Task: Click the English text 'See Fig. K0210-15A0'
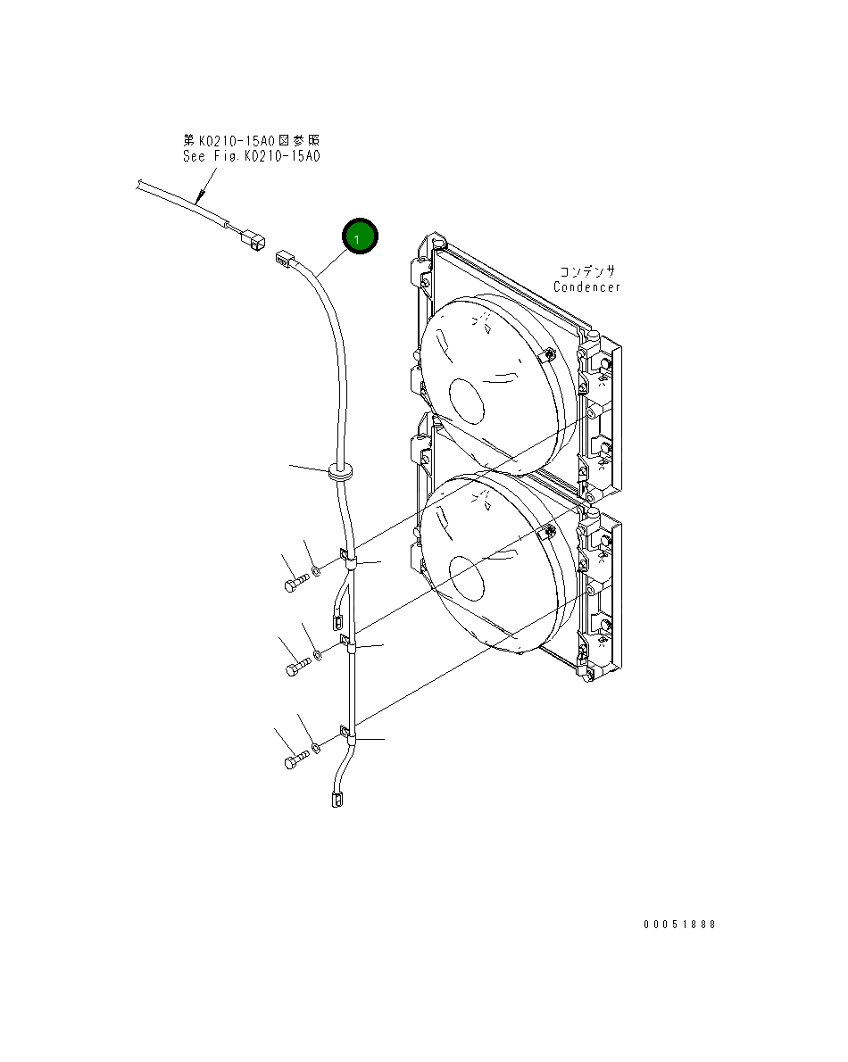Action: [251, 156]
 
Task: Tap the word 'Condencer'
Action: [586, 286]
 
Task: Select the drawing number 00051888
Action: [679, 925]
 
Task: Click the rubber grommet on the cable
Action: [340, 471]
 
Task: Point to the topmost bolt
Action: [295, 584]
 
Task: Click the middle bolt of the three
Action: [299, 667]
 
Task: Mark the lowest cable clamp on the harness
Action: [348, 737]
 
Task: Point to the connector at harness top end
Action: [284, 258]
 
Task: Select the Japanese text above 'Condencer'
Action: [587, 271]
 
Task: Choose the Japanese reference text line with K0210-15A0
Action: [251, 140]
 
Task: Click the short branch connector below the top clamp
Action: [338, 616]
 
